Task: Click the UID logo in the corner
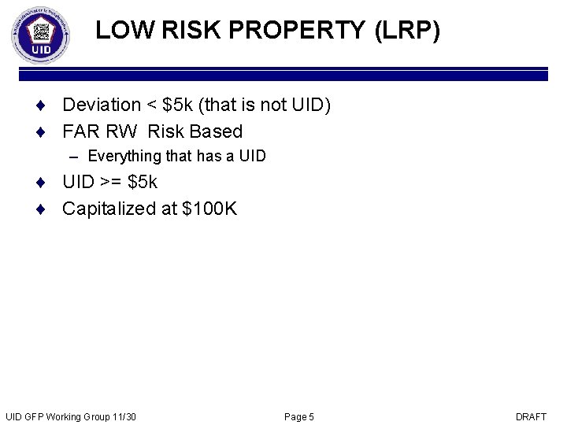(41, 36)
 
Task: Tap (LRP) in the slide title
(407, 31)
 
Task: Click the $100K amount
(209, 209)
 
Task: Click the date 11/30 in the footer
(124, 416)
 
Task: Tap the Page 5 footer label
(299, 416)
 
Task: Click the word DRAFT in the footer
(531, 416)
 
